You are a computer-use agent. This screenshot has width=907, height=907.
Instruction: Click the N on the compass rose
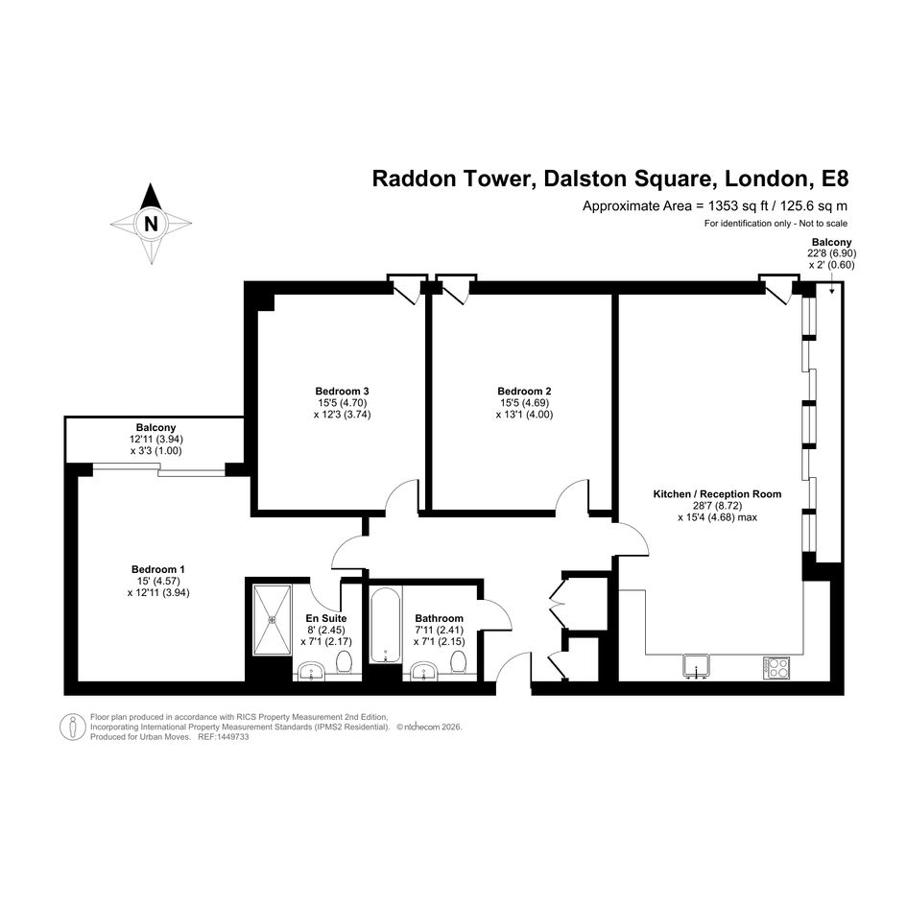pos(151,224)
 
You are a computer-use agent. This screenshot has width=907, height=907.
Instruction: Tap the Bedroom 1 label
pos(158,569)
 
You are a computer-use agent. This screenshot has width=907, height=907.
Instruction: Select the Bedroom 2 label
pos(524,391)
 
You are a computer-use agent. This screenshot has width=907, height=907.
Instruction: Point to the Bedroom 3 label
pos(342,391)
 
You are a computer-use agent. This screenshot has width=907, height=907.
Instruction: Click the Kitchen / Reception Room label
pos(717,494)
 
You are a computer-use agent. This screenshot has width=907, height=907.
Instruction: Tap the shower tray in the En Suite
pos(272,620)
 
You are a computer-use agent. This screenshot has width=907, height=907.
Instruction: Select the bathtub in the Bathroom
pos(385,625)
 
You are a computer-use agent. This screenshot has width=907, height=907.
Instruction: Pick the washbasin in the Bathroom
pos(425,671)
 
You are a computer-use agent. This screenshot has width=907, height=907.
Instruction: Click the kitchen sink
pos(697,665)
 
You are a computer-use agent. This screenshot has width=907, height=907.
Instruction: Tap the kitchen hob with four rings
pos(776,667)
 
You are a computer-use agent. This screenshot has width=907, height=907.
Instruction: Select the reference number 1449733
pos(230,737)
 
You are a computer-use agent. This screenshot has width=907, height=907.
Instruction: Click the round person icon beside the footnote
pos(73,728)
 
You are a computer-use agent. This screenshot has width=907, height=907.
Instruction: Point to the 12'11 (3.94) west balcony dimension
pos(156,440)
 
